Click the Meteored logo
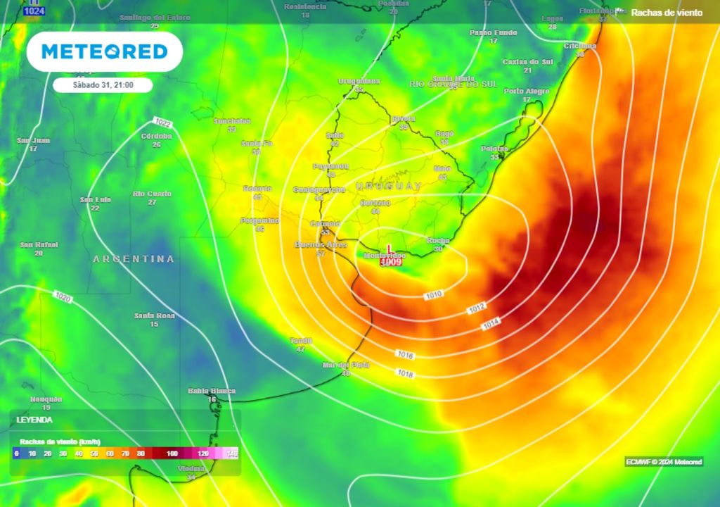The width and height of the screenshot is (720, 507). coord(104,51)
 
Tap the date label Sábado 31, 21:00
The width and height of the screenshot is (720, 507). coord(103,85)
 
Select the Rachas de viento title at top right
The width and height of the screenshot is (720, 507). coord(667,13)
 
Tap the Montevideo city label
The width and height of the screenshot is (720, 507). coord(384,254)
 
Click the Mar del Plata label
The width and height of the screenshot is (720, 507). coord(345,365)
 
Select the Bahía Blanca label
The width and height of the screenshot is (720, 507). coord(212,391)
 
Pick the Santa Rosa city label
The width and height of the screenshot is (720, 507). coord(154,315)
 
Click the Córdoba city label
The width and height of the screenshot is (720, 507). coord(156,136)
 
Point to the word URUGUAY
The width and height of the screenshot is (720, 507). coord(388,186)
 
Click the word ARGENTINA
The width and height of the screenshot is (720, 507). coord(134,259)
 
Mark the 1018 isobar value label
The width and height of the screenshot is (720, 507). coord(405,373)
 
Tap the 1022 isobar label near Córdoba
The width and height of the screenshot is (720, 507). coord(162,122)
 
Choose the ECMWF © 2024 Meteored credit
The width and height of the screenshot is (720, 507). coord(664,462)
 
